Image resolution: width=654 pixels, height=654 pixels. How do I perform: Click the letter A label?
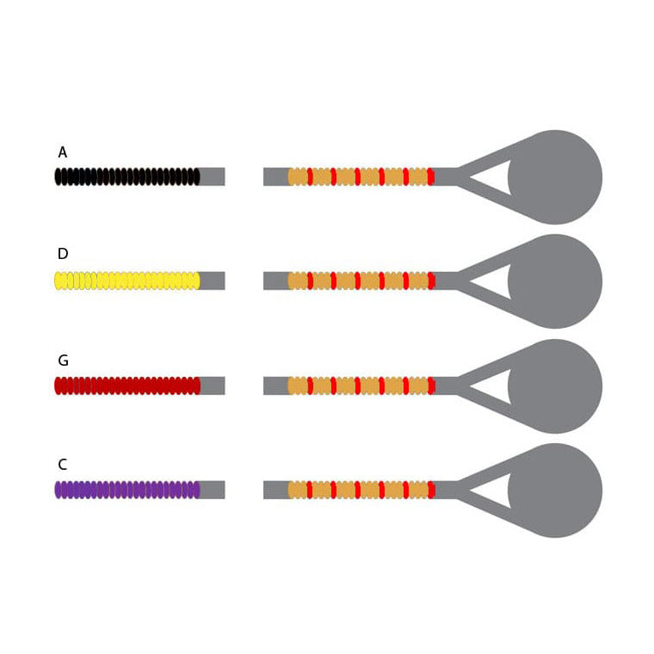pyautogui.click(x=63, y=152)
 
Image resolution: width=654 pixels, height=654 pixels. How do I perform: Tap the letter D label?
pyautogui.click(x=63, y=254)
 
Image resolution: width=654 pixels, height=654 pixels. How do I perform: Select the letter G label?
pyautogui.click(x=64, y=360)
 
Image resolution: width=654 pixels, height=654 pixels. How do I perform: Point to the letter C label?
pyautogui.click(x=63, y=464)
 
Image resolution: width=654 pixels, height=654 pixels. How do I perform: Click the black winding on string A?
pyautogui.click(x=127, y=176)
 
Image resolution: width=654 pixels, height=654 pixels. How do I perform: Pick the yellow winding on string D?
pyautogui.click(x=127, y=281)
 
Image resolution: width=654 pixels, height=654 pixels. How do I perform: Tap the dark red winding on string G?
pyautogui.click(x=127, y=386)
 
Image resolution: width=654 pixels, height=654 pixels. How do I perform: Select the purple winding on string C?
pyautogui.click(x=127, y=490)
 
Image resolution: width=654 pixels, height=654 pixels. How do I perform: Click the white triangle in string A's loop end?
pyautogui.click(x=497, y=177)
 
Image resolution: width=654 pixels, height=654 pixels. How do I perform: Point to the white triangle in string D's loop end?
pyautogui.click(x=497, y=281)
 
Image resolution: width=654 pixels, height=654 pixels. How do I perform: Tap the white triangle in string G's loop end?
pyautogui.click(x=497, y=386)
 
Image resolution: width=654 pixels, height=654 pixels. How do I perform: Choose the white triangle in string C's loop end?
pyautogui.click(x=497, y=490)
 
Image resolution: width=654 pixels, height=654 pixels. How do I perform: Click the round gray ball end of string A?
pyautogui.click(x=555, y=177)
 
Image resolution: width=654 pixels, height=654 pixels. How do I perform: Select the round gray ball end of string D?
pyautogui.click(x=555, y=281)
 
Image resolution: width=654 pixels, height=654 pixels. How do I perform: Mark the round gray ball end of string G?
pyautogui.click(x=555, y=386)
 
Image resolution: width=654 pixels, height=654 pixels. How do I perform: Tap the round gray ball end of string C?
pyautogui.click(x=555, y=490)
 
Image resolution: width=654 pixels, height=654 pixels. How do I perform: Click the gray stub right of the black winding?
pyautogui.click(x=213, y=176)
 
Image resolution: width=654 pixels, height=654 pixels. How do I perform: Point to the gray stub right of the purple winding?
pyautogui.click(x=213, y=490)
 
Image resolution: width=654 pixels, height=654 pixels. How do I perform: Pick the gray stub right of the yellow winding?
pyautogui.click(x=213, y=281)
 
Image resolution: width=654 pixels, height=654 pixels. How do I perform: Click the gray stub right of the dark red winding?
pyautogui.click(x=213, y=386)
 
